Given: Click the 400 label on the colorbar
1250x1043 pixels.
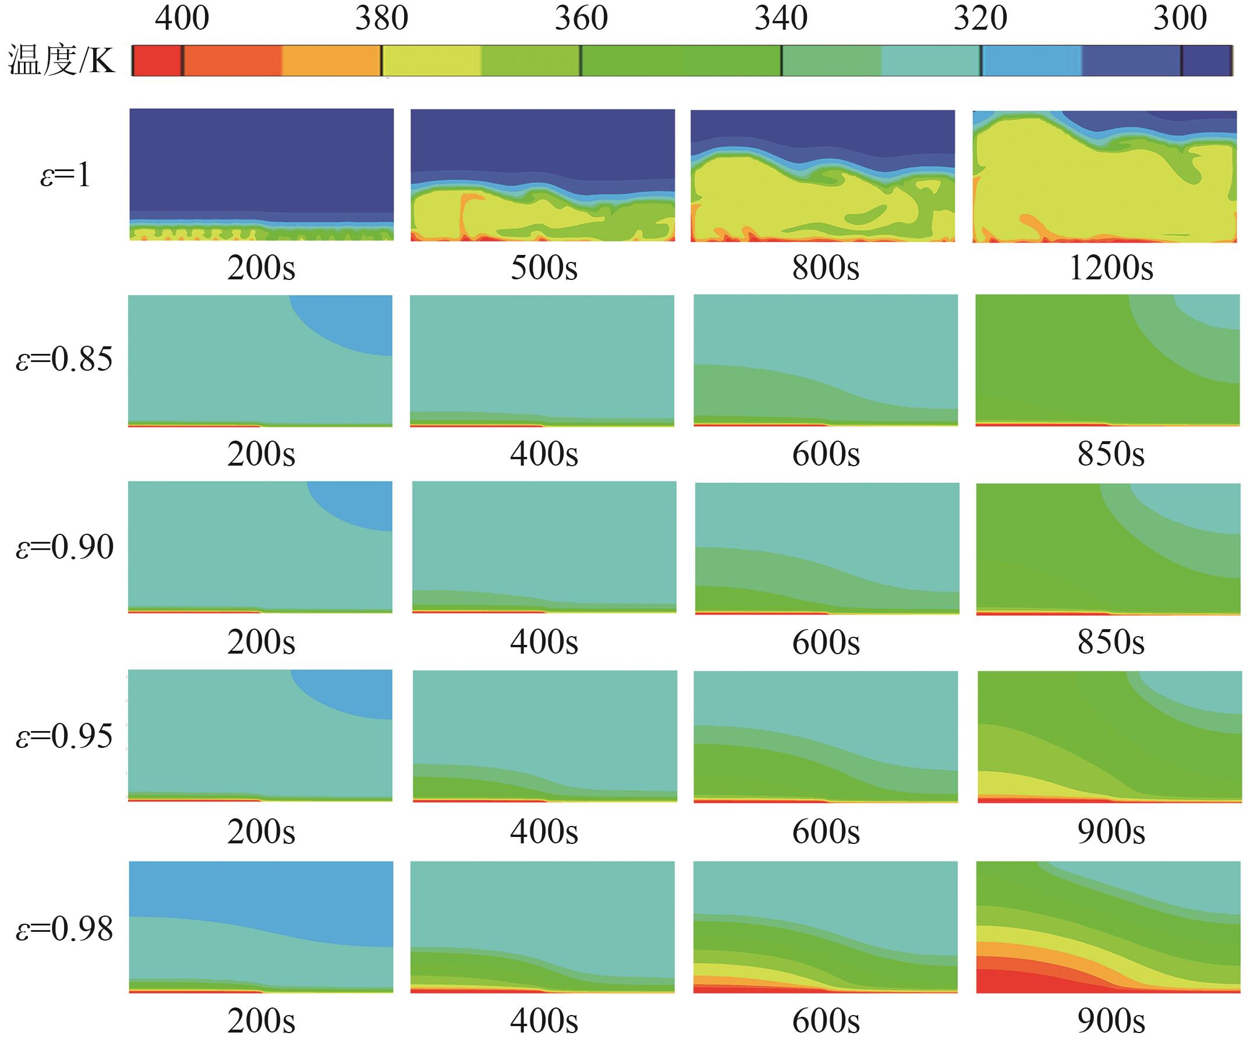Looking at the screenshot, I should [x=182, y=19].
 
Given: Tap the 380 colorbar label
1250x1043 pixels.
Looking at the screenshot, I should [x=381, y=19].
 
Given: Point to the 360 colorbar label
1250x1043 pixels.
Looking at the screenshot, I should [x=581, y=19].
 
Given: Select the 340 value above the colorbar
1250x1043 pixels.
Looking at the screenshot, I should [x=781, y=19].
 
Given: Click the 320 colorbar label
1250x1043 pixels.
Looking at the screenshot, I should [x=980, y=19].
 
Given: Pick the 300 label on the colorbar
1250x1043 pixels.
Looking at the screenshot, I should [x=1180, y=19].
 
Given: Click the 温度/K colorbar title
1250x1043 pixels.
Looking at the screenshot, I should [x=61, y=61].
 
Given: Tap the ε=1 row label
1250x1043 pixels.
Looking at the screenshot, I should [x=65, y=176].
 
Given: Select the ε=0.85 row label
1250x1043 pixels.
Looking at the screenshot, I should [x=64, y=360].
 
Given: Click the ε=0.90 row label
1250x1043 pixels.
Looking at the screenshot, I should [x=64, y=547].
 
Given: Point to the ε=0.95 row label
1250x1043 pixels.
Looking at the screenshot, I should [x=64, y=737].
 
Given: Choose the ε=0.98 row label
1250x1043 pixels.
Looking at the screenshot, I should [x=64, y=929].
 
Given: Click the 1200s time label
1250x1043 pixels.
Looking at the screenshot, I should [x=1111, y=268].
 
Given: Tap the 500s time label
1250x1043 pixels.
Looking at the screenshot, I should [x=543, y=268].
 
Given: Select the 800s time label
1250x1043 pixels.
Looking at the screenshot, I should [x=826, y=268].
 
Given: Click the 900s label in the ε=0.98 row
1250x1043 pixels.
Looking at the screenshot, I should [x=1111, y=1021].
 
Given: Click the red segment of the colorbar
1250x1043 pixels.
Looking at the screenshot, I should [x=156, y=61].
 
